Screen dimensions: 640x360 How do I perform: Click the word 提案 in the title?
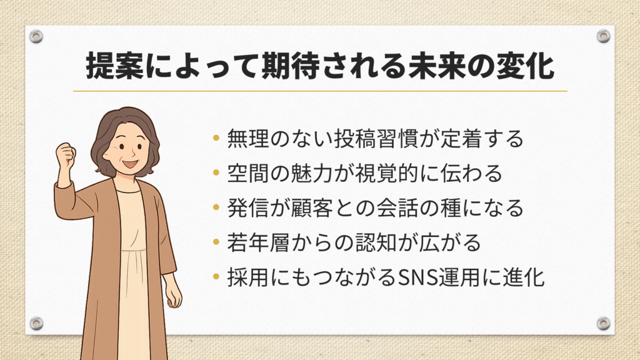(x=115, y=66)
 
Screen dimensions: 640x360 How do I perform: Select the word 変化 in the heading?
(x=525, y=66)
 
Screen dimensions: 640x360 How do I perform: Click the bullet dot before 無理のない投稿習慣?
(x=216, y=138)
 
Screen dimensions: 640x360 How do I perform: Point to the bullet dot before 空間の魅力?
(x=216, y=173)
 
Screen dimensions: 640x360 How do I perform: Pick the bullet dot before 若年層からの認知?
(x=216, y=242)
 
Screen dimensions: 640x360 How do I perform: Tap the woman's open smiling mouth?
(x=130, y=164)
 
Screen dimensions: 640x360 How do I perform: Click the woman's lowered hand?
(x=174, y=295)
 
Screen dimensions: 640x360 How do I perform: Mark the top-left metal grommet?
(x=36, y=36)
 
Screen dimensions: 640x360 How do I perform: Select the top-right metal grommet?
(x=603, y=36)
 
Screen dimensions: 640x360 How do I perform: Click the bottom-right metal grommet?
(x=603, y=323)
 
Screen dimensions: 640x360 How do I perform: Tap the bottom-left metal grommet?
(x=36, y=323)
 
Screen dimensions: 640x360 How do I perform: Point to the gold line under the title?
(x=321, y=91)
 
